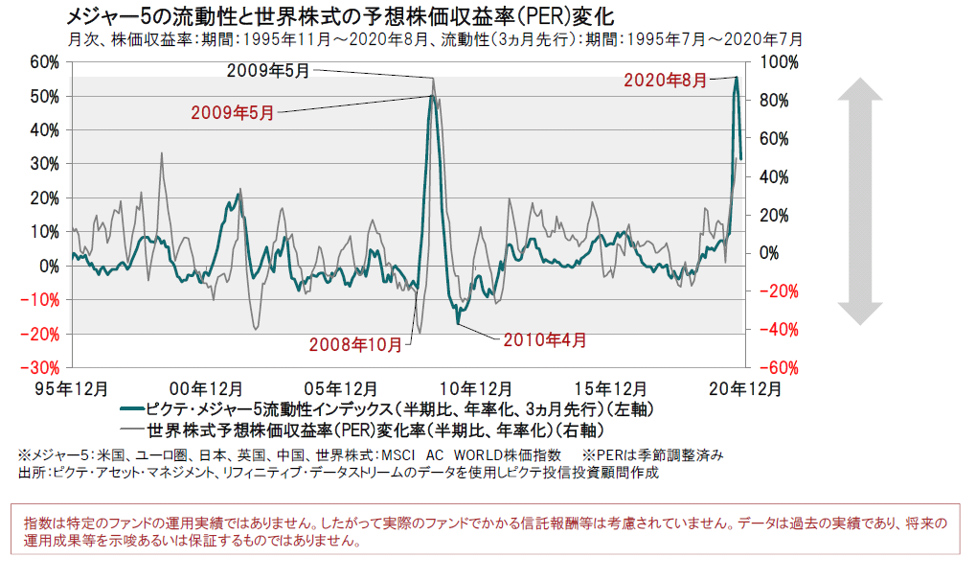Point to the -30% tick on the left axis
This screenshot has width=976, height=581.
click(x=44, y=368)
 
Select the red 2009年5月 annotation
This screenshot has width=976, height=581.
click(x=233, y=112)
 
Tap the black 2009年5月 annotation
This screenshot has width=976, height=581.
click(x=269, y=70)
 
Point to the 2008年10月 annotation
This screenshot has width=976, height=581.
click(x=355, y=344)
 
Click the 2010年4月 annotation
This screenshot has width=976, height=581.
click(x=543, y=338)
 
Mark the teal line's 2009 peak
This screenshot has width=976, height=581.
click(x=433, y=96)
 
